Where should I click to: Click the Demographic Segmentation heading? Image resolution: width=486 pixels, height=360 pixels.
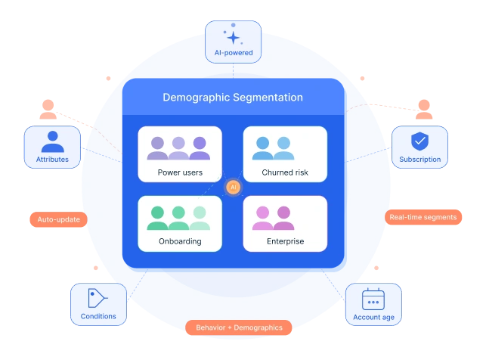233,98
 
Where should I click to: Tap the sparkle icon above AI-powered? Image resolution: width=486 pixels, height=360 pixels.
233,36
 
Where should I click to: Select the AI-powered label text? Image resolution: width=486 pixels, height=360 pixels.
233,53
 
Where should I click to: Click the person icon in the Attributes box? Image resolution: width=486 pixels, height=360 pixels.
52,141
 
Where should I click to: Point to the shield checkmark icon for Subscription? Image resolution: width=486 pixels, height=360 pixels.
419,141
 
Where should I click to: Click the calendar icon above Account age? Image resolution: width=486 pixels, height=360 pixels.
373,299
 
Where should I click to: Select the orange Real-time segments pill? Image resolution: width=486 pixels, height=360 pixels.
423,217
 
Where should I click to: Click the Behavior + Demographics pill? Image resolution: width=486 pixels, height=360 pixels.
239,327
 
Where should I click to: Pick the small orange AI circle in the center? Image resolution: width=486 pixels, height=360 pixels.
234,187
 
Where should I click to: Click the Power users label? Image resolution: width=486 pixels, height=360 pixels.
180,172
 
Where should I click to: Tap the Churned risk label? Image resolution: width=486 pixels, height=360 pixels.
284,172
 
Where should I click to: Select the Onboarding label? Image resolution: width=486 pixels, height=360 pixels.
180,241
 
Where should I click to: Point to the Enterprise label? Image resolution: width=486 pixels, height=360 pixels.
285,241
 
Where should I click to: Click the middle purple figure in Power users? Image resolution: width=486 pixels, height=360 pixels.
179,148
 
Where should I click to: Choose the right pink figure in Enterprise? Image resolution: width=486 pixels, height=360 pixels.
283,218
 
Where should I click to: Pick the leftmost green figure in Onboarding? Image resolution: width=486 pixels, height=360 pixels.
158,218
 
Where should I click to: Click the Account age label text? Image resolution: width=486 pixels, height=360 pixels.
373,317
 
